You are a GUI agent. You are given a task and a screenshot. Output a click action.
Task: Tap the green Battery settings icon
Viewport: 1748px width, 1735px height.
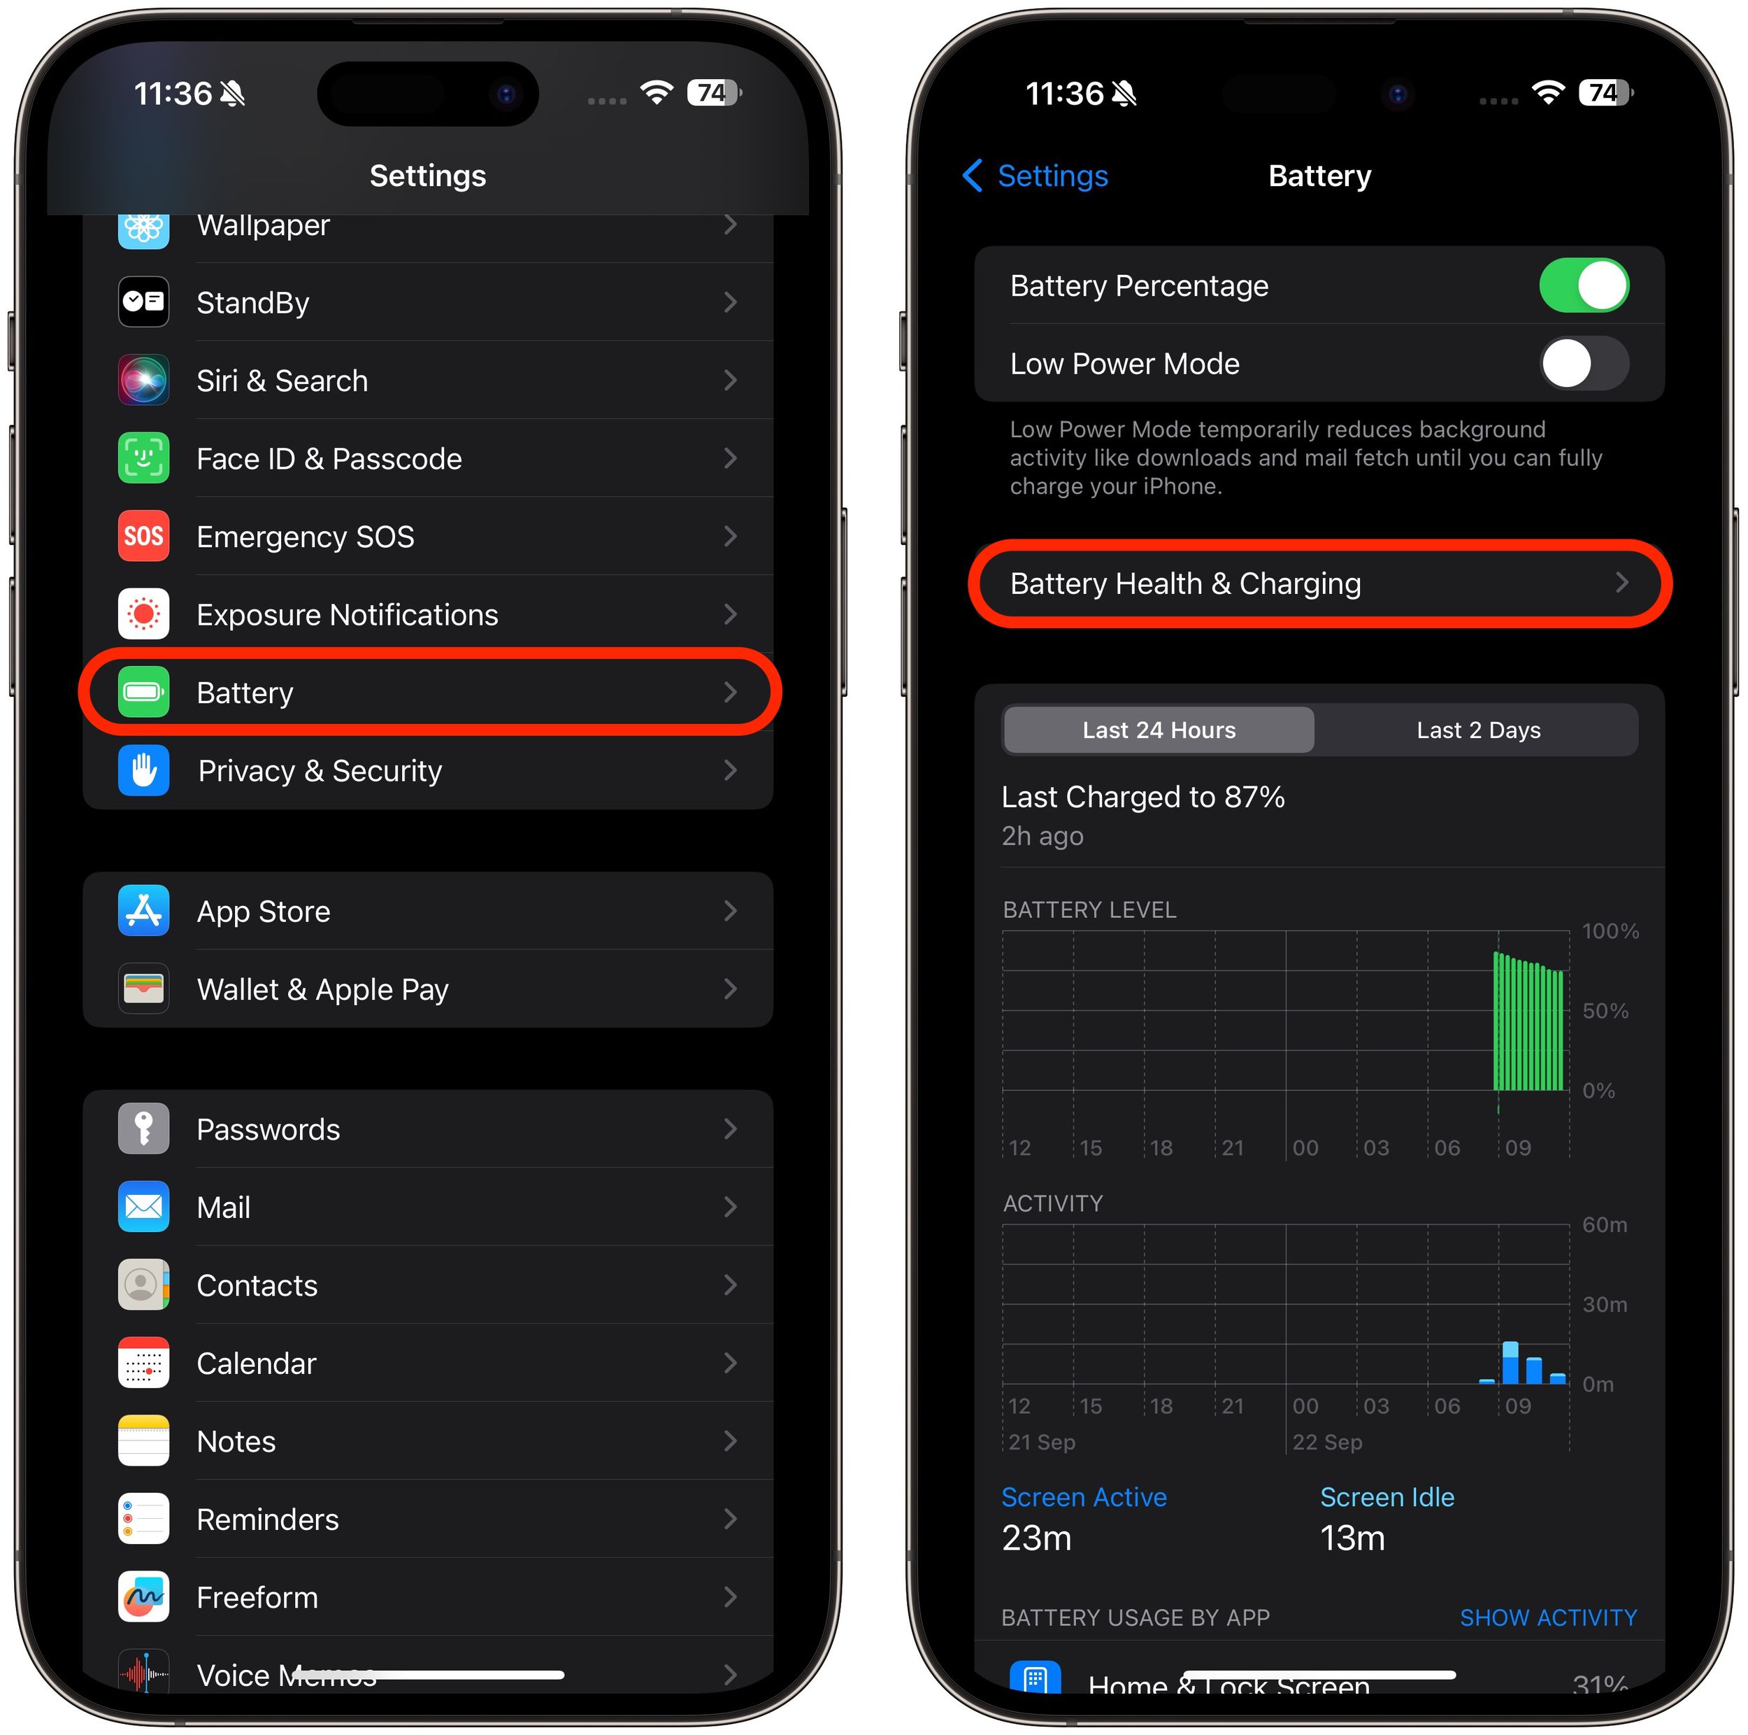[x=143, y=693]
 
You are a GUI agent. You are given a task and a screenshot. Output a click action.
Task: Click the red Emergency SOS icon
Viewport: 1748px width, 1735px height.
[x=143, y=537]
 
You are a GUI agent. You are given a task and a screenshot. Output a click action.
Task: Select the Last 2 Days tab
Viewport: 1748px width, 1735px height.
[x=1477, y=730]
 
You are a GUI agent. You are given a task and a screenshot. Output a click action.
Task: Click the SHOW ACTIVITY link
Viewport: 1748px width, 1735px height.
[x=1547, y=1617]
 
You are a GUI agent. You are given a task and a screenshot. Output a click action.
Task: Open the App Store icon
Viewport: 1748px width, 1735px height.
[x=143, y=912]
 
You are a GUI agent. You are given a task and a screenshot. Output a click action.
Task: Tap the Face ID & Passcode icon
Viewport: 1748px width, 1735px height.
[x=143, y=459]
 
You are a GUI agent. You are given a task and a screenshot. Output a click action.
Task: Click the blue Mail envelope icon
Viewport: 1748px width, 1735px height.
[x=143, y=1208]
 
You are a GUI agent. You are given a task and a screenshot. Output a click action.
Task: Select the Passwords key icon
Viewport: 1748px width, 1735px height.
[x=143, y=1130]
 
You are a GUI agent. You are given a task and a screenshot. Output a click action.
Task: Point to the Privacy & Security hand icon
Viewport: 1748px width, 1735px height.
[x=143, y=771]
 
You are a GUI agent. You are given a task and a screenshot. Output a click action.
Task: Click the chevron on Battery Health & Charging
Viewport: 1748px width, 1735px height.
[x=1621, y=583]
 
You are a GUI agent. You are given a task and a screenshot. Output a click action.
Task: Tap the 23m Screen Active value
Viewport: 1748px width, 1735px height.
[x=1036, y=1538]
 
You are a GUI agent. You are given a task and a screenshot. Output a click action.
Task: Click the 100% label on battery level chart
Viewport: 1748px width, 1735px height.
[x=1610, y=931]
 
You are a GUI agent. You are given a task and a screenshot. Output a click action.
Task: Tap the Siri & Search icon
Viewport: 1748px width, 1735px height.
[x=143, y=380]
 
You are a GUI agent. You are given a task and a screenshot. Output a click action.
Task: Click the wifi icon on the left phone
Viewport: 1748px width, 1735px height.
[x=656, y=92]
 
